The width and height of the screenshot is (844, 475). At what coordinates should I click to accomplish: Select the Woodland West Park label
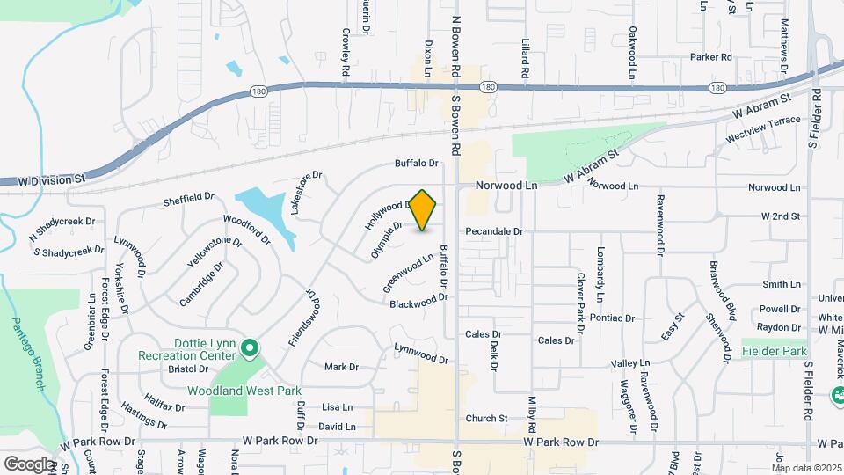pyautogui.click(x=244, y=391)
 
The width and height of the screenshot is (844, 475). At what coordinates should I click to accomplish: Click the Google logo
pyautogui.click(x=29, y=464)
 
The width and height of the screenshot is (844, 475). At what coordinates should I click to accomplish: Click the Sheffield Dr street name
pyautogui.click(x=188, y=199)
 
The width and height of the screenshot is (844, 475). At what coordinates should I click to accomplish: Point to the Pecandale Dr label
pyautogui.click(x=494, y=231)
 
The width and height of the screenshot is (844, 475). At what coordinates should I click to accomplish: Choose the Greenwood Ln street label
pyautogui.click(x=409, y=273)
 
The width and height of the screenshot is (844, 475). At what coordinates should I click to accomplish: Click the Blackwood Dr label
pyautogui.click(x=419, y=301)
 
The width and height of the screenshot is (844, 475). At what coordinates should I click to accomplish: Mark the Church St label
pyautogui.click(x=487, y=419)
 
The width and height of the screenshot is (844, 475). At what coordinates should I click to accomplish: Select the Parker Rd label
pyautogui.click(x=710, y=57)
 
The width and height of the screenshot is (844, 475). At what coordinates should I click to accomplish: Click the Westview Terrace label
pyautogui.click(x=763, y=130)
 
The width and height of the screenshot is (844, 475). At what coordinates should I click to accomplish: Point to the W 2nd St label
pyautogui.click(x=781, y=216)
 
